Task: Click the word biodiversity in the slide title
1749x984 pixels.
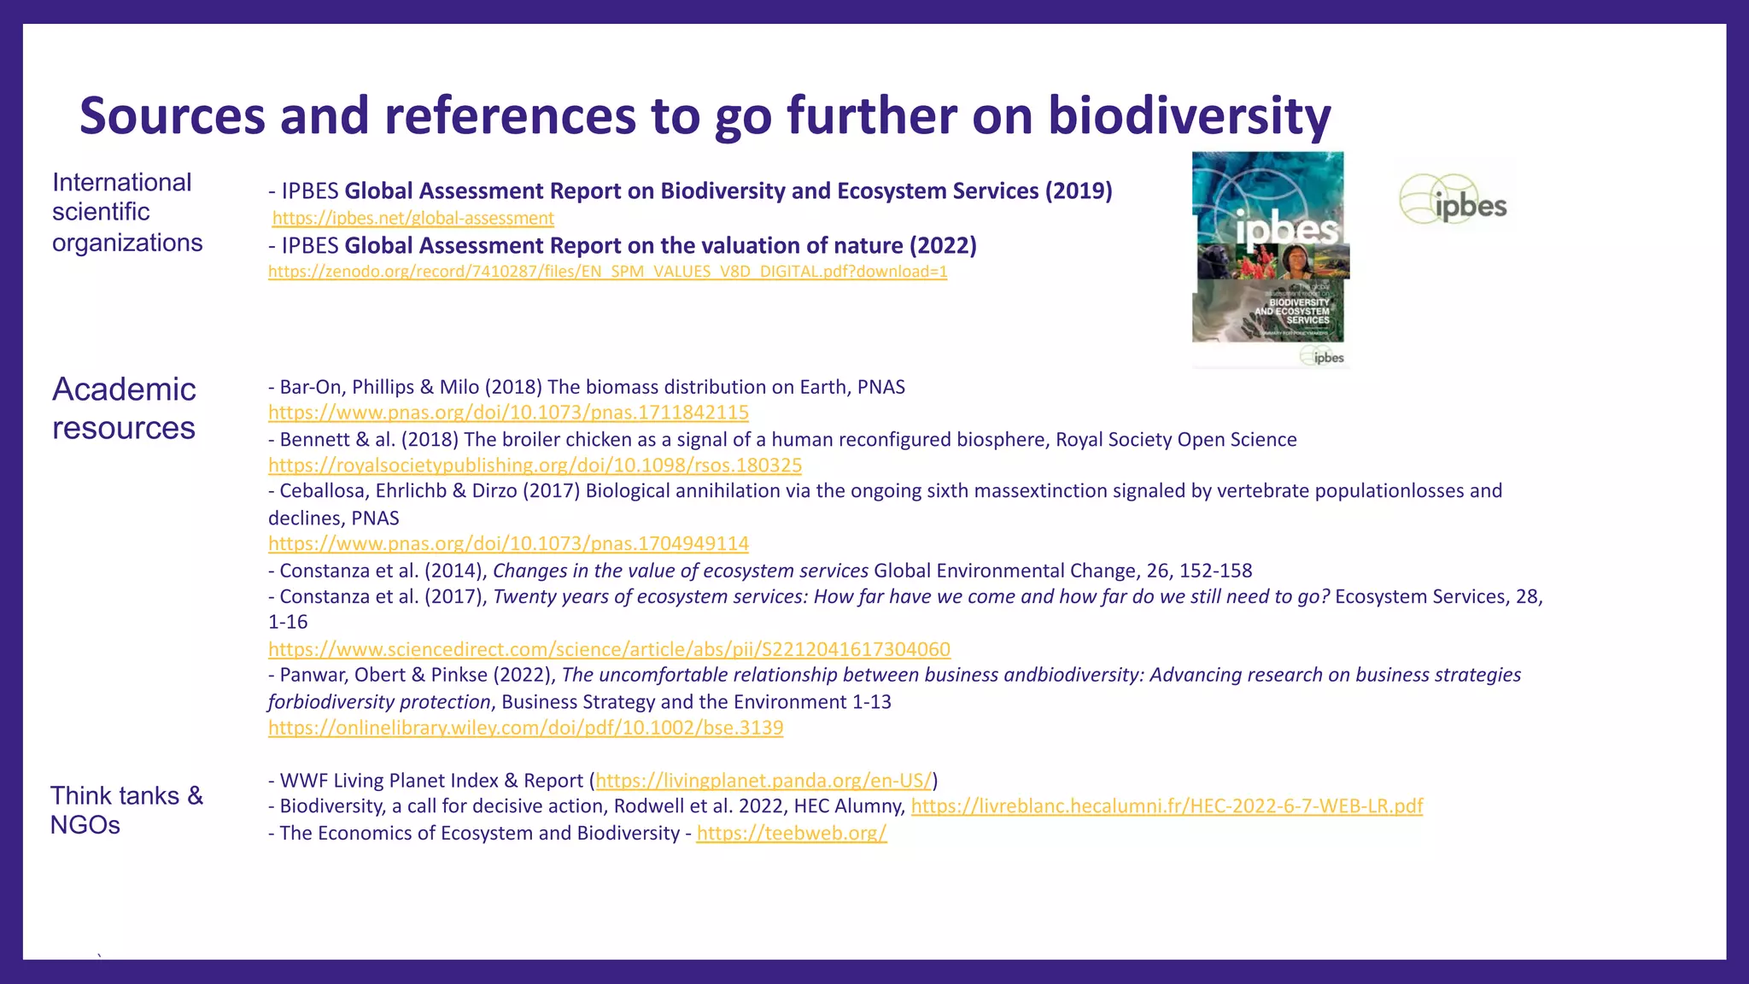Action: click(x=1189, y=116)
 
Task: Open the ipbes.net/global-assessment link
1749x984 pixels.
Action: click(x=413, y=219)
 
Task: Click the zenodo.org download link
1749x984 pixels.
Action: click(x=607, y=272)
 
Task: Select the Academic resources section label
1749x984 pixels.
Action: click(x=124, y=408)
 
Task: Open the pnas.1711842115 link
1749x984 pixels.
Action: click(x=508, y=413)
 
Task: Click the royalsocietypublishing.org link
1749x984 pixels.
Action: click(x=535, y=466)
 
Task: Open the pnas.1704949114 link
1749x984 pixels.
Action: click(x=508, y=543)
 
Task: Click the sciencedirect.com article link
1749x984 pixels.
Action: click(x=609, y=649)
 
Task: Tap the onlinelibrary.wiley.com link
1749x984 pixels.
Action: click(x=525, y=728)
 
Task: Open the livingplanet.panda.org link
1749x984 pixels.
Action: click(x=763, y=781)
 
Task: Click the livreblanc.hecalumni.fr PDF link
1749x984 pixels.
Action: click(x=1167, y=806)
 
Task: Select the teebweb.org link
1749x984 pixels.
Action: click(x=792, y=834)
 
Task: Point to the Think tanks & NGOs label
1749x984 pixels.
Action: click(x=126, y=810)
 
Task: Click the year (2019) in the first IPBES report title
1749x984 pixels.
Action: click(x=1079, y=190)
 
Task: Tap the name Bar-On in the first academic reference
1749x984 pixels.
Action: click(x=313, y=387)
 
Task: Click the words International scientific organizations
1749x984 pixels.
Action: click(x=126, y=213)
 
